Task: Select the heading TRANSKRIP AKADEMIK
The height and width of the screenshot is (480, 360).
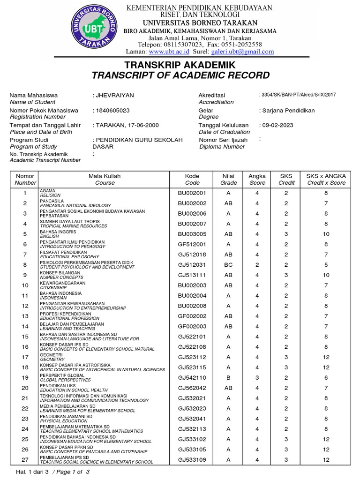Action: pos(180,65)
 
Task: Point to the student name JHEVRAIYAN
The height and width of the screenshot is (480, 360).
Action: pos(115,95)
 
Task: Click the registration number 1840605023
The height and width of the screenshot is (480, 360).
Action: pos(112,110)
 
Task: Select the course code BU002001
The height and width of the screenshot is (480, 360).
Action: pos(192,193)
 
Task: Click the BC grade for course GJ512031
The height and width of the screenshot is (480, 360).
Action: pos(228,264)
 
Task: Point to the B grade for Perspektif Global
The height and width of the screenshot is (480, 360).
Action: pos(228,377)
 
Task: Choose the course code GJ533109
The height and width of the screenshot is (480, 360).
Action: pos(192,460)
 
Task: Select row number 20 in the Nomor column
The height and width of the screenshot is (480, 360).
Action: pos(25,388)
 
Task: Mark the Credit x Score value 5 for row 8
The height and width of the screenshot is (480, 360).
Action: pos(326,264)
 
